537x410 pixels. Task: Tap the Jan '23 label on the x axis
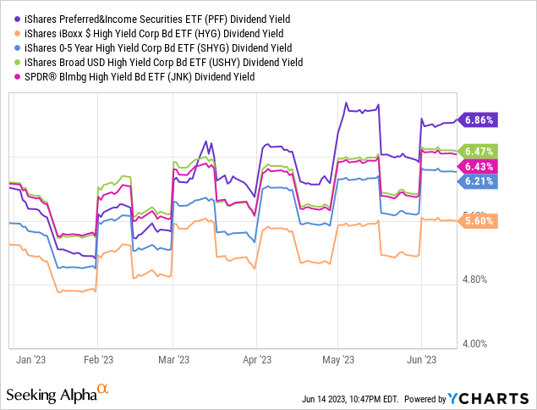(30, 359)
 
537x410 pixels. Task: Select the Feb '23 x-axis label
(99, 359)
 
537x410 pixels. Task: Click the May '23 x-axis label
(337, 359)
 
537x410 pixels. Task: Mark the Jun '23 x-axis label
(422, 359)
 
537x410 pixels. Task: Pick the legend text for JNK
(144, 76)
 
